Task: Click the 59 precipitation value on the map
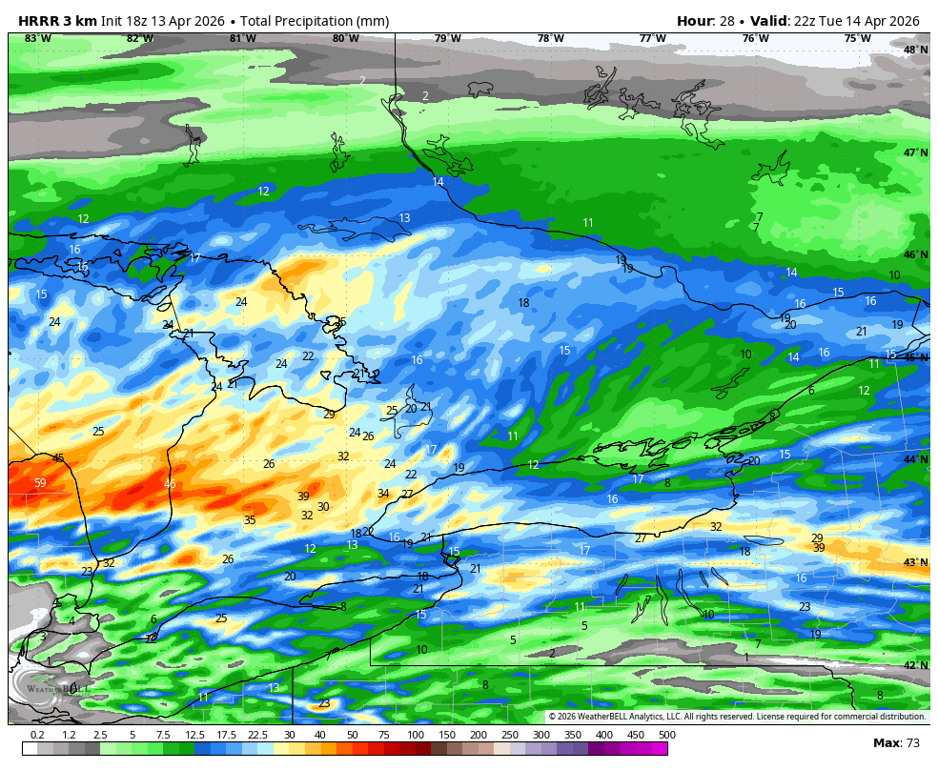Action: tap(40, 483)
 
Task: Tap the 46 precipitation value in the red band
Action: tap(170, 484)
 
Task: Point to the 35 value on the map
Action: tap(250, 520)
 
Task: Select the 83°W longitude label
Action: tap(37, 38)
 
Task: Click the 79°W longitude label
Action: tap(447, 38)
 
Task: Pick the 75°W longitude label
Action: tap(857, 38)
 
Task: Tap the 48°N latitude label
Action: tap(915, 50)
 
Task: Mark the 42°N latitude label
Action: tap(915, 665)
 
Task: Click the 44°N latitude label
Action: tap(915, 459)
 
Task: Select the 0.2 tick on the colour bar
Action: tap(37, 735)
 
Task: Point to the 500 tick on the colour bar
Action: tap(666, 735)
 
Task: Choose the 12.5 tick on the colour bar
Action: tap(194, 735)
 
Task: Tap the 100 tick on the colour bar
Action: tap(416, 735)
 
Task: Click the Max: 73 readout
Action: tap(896, 742)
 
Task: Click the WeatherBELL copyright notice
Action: tap(736, 717)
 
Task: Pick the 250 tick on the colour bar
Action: tap(510, 735)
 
